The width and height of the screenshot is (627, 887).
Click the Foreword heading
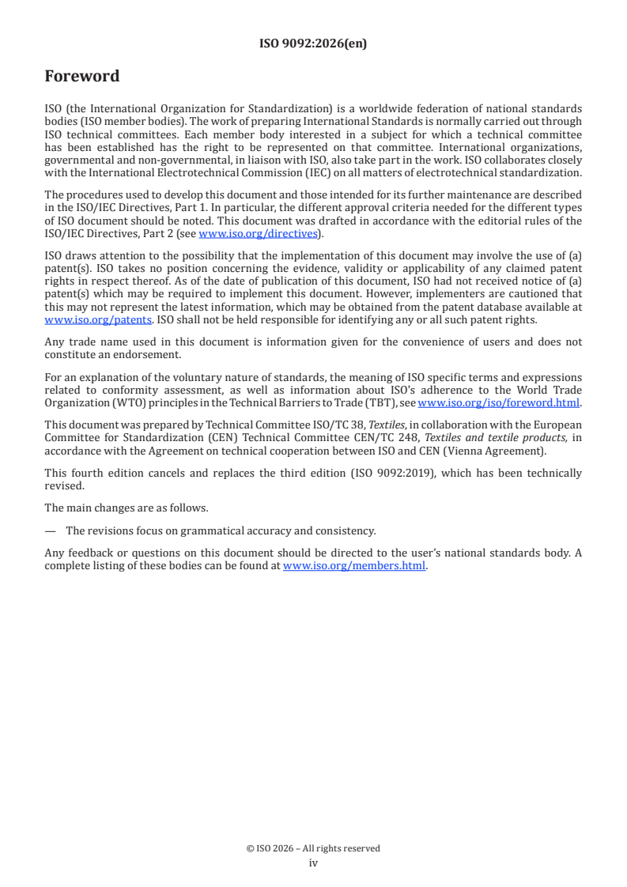[x=82, y=77]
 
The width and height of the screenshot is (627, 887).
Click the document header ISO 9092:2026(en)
[x=313, y=44]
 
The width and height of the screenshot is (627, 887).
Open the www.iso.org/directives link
[x=258, y=233]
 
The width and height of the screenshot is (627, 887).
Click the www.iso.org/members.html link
[x=354, y=565]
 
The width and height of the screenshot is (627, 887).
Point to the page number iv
[x=313, y=862]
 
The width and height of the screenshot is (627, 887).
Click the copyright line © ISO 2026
[x=313, y=848]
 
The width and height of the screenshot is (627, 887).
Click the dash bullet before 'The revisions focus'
[x=50, y=530]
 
